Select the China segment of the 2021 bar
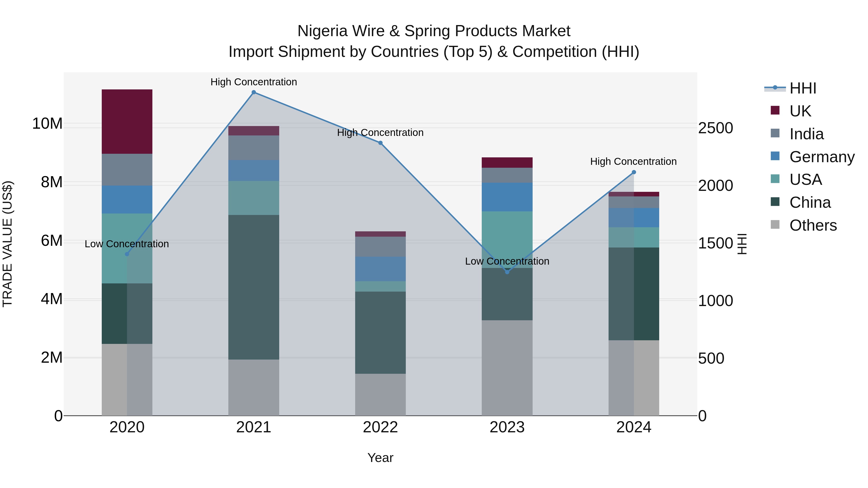tap(253, 287)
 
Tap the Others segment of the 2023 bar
tap(507, 368)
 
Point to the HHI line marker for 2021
tap(254, 92)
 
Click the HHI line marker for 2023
tap(507, 272)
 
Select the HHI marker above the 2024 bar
tap(634, 172)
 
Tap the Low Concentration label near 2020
tap(127, 244)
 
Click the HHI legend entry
tap(803, 88)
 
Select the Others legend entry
tap(813, 225)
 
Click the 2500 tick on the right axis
tap(715, 128)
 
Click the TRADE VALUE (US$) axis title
tap(8, 244)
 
